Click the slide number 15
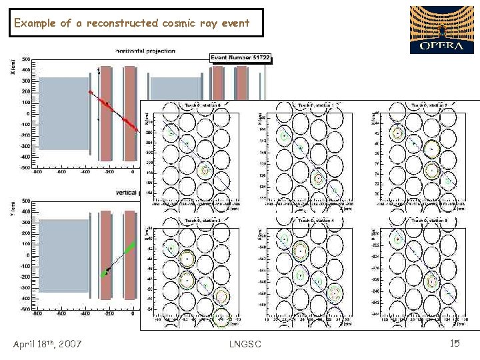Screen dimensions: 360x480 click(x=455, y=343)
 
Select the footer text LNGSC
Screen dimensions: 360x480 click(x=245, y=344)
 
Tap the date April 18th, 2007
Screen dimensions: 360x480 click(x=47, y=344)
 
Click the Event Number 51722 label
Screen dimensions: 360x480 click(x=240, y=58)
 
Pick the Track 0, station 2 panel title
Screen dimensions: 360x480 click(x=429, y=105)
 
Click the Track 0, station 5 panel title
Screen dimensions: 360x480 click(x=429, y=219)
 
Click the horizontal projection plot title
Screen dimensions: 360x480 click(x=145, y=51)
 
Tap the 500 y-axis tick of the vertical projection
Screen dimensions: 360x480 click(x=25, y=201)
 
